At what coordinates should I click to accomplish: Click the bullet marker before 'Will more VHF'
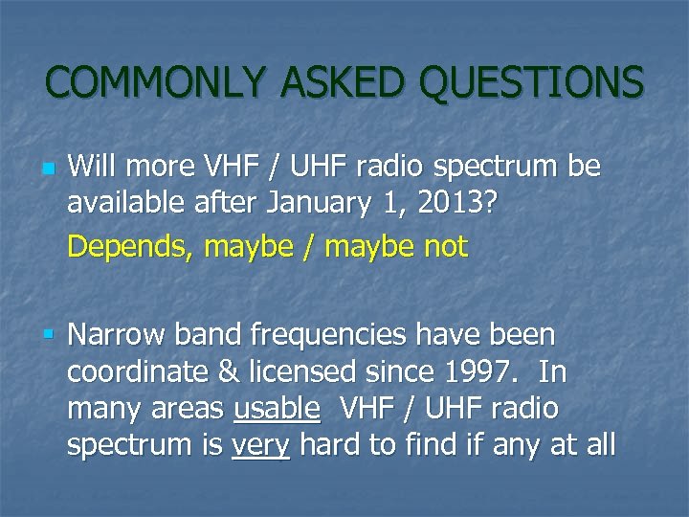[x=50, y=169]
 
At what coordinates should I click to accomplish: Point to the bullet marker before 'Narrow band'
[x=49, y=335]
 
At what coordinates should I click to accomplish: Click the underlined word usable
[x=277, y=408]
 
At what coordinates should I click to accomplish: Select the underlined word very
[x=260, y=444]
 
